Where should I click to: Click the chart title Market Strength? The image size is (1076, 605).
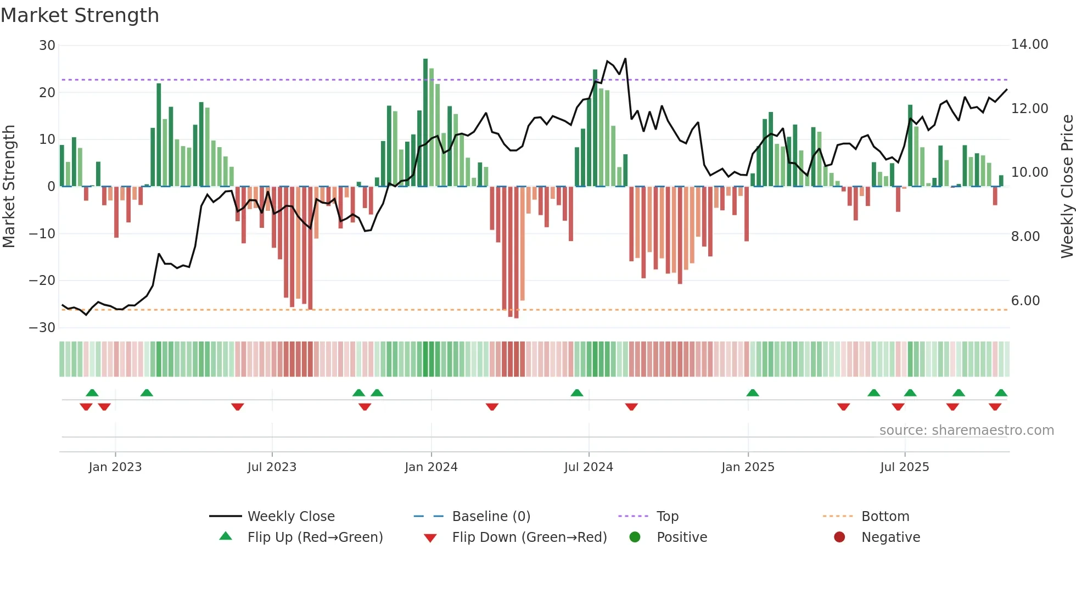coord(80,15)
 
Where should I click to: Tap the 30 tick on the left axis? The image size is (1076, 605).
coord(47,46)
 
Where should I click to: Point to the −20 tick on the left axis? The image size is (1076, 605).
coord(42,281)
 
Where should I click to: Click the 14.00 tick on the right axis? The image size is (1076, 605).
coord(1029,44)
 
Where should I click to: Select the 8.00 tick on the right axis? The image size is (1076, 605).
coord(1025,237)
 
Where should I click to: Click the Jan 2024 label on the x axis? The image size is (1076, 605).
coord(431,467)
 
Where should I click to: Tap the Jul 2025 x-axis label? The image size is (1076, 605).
coord(904,467)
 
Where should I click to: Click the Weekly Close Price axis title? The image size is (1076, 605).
coord(1067,187)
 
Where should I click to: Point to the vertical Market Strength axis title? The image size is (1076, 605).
coord(9,187)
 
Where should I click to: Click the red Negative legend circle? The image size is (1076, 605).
coord(839,537)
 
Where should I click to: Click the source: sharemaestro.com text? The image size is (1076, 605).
coord(966,430)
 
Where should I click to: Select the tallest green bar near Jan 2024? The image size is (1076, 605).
coord(425,121)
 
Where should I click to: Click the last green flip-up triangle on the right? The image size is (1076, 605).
coord(1001,393)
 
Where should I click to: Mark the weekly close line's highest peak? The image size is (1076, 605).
coord(625,59)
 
